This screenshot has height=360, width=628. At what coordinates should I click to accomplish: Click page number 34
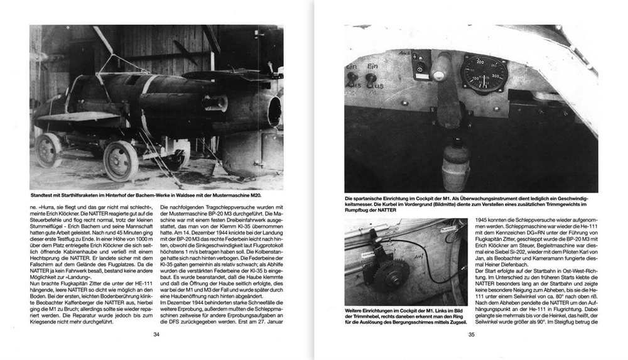coord(156,334)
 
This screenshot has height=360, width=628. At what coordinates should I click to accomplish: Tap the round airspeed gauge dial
coord(484,73)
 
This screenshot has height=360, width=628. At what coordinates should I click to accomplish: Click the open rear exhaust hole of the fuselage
coord(274,111)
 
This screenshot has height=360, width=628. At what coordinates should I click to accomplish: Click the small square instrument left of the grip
coord(420,67)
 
